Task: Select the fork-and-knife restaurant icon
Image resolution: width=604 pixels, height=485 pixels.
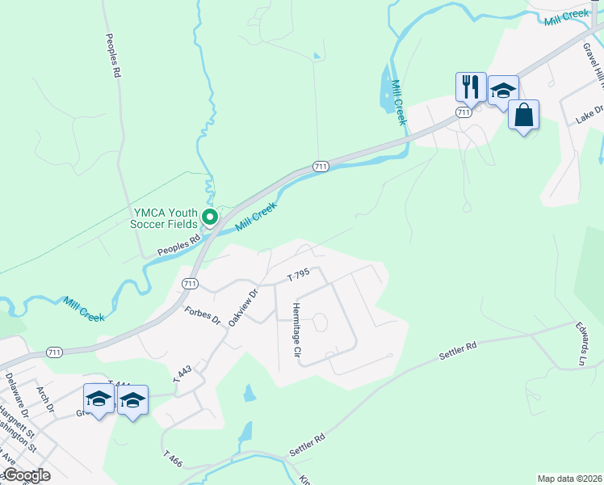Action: tap(469, 86)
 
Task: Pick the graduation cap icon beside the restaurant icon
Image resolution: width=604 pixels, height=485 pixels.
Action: tap(502, 91)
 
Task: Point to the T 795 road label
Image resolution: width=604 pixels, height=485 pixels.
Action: tap(299, 277)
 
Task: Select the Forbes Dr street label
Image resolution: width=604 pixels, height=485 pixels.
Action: tap(202, 314)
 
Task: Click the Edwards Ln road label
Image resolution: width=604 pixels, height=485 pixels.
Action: tap(581, 344)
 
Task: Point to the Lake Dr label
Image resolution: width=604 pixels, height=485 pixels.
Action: tap(589, 114)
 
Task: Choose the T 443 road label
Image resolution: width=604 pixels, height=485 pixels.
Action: tap(182, 373)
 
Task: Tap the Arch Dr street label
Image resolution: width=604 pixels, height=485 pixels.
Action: tap(44, 399)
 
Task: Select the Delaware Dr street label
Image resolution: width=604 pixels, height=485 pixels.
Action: tap(15, 388)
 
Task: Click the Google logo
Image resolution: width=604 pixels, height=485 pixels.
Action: tap(26, 475)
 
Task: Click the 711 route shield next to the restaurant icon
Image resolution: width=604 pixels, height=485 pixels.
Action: tap(463, 112)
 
